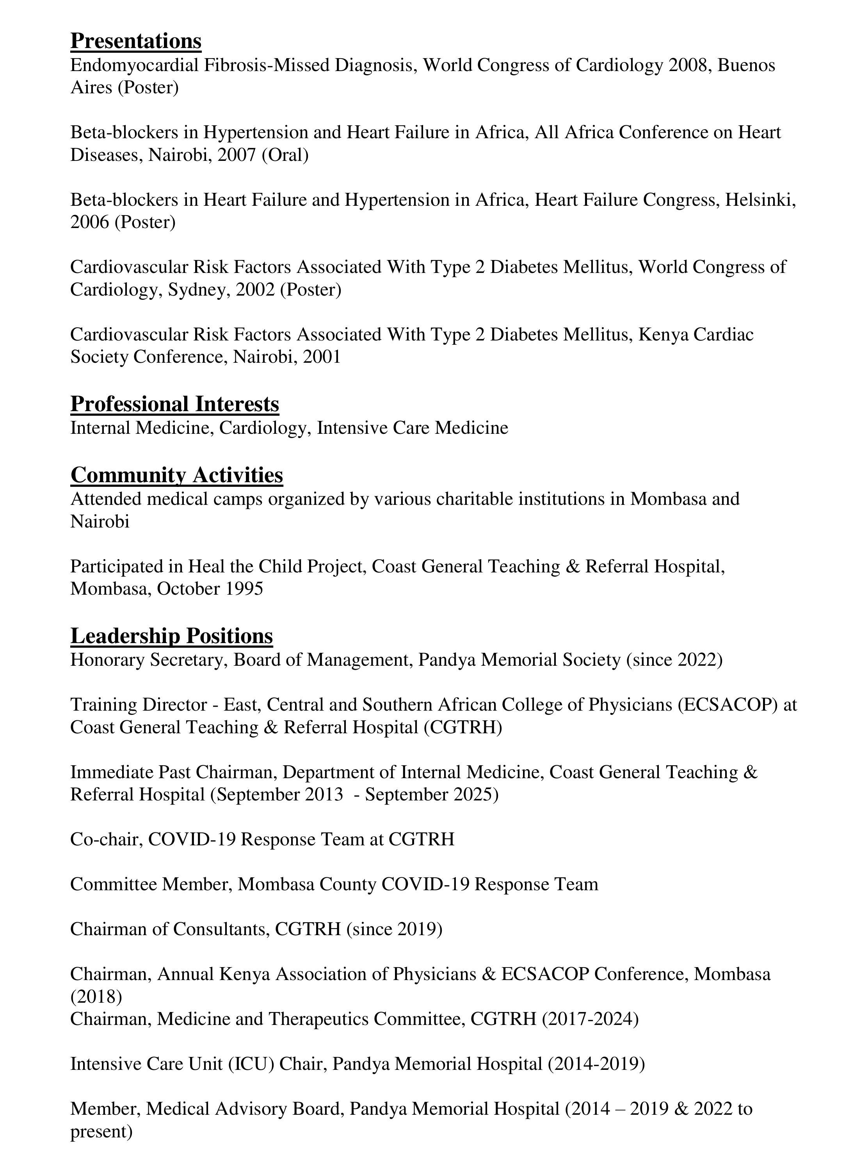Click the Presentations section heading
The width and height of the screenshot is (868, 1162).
135,41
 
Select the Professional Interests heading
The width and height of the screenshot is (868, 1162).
174,404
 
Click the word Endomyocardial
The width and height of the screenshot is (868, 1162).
134,65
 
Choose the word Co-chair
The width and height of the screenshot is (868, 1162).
107,839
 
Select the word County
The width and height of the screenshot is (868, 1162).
348,884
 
